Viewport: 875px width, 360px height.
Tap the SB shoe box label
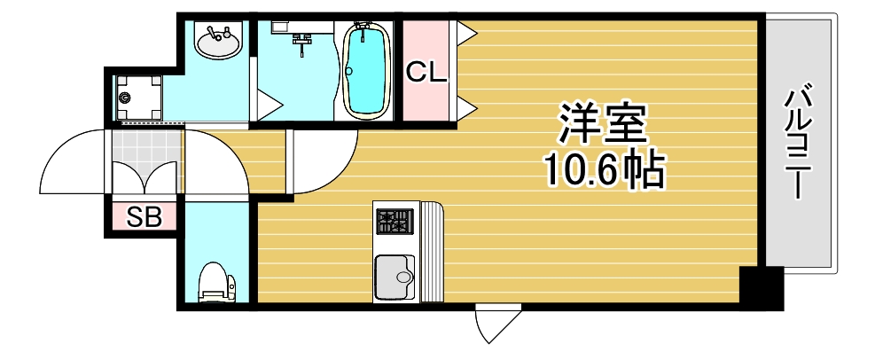point(144,217)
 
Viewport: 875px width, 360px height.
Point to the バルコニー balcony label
point(801,142)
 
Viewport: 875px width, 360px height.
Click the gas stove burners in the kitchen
point(395,221)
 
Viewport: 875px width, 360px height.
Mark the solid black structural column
point(761,287)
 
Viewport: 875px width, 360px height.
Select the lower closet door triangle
point(468,109)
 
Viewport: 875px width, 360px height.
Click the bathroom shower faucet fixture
point(303,40)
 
